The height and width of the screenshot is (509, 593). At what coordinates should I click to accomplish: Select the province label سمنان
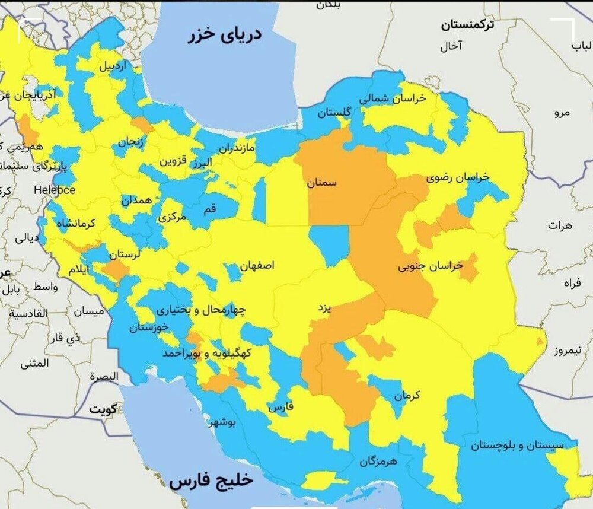tap(322, 183)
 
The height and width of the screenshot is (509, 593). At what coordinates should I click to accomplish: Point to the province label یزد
tap(323, 308)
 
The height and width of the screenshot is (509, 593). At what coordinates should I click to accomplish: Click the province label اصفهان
tap(257, 265)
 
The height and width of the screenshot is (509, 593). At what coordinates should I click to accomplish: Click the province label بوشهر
tap(223, 423)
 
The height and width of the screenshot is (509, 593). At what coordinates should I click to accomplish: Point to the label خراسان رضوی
tap(458, 177)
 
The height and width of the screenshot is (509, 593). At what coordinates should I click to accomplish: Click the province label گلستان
tap(334, 112)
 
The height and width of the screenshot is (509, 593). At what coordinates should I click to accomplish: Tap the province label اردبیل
tap(112, 66)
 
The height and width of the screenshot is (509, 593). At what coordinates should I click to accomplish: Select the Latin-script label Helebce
tap(55, 190)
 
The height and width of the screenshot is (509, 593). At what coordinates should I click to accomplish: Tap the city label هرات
tap(561, 226)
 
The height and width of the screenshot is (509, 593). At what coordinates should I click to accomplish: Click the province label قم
tap(211, 208)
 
